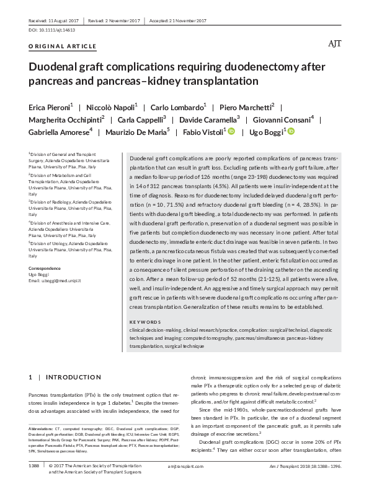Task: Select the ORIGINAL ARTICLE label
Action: pyautogui.click(x=63, y=47)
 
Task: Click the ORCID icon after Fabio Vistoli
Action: pyautogui.click(x=232, y=132)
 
